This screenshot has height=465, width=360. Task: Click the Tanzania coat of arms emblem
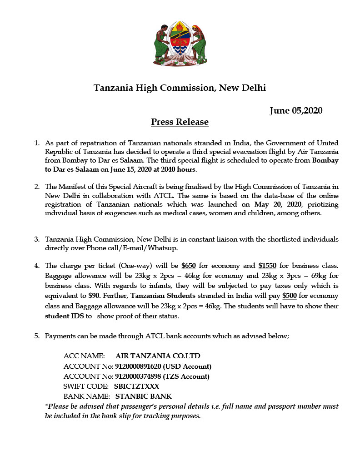[x=180, y=43]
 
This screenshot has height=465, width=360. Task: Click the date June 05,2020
[x=296, y=110]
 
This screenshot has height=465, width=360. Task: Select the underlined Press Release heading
[x=180, y=122]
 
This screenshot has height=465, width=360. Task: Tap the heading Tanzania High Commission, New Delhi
[x=180, y=88]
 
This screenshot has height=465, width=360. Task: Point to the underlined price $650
[x=189, y=265]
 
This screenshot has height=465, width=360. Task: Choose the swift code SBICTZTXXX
[x=136, y=386]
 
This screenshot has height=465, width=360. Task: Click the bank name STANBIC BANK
[x=144, y=396]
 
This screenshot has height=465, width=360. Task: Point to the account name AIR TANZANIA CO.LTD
[x=158, y=356]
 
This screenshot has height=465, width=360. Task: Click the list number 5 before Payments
[x=37, y=336]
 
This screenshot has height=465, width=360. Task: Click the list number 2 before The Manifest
[x=37, y=187]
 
